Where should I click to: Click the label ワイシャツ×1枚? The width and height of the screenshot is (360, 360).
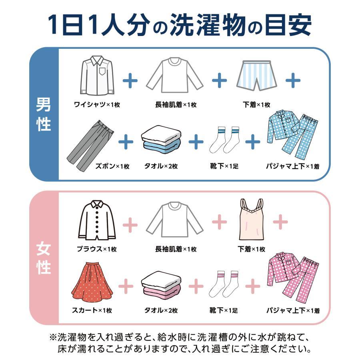pos(97,105)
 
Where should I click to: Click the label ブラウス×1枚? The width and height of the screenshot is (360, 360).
pos(97,249)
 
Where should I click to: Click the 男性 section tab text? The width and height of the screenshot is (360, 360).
pos(44,114)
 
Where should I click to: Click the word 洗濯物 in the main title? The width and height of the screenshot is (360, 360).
pos(212,25)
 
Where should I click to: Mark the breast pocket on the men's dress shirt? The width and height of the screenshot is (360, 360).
pos(103,72)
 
